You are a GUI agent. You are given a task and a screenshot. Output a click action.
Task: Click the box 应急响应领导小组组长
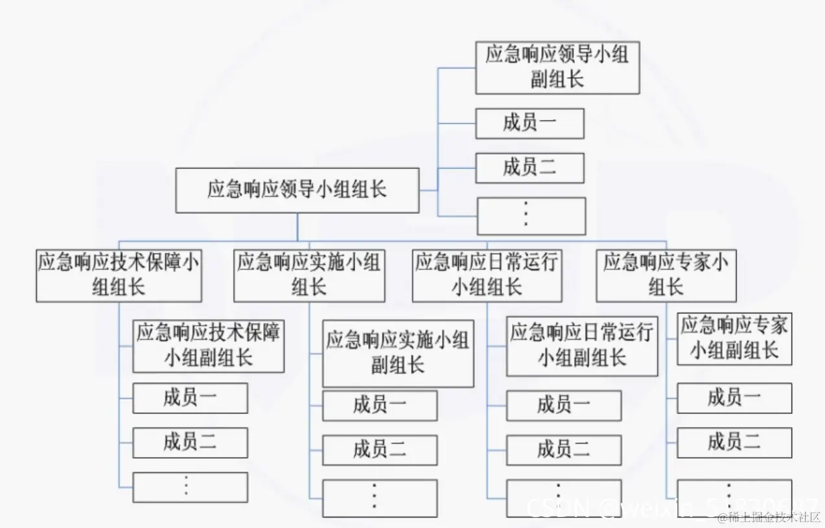point(297,190)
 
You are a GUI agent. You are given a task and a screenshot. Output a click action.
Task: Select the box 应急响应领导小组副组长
point(557,67)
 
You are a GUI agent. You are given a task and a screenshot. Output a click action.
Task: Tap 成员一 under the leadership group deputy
point(529,123)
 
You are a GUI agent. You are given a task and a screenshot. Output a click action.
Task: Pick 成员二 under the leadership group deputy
point(529,168)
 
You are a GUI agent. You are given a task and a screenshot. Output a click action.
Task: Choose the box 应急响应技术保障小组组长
point(119,275)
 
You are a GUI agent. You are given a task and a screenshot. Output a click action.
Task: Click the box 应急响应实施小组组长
point(309,275)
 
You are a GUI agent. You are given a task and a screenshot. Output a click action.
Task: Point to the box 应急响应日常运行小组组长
point(487,275)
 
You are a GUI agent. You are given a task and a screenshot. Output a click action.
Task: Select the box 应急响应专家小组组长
point(666,275)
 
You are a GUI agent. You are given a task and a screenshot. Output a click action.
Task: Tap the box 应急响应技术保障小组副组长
point(208,345)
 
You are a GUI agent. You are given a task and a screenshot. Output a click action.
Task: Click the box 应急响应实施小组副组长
point(397,353)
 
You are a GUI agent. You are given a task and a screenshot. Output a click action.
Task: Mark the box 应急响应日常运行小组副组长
point(581,346)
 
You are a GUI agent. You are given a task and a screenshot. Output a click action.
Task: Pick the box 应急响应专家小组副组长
point(734,339)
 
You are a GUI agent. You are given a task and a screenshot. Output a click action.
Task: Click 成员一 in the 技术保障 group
point(190,398)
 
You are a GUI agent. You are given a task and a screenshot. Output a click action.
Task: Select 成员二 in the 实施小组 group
point(380,450)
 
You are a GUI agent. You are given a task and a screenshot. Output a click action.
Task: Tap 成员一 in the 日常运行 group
point(563,406)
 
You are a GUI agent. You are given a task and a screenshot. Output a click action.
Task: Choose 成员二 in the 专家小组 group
point(734,442)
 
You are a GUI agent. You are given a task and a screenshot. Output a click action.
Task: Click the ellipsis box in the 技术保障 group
point(190,487)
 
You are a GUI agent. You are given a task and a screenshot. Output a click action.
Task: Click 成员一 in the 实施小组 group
point(380,406)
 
